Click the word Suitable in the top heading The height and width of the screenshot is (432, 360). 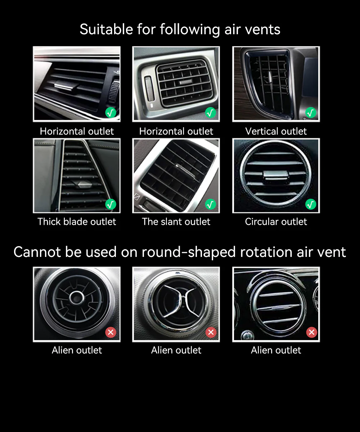[106, 29]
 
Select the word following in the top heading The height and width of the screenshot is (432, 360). [190, 30]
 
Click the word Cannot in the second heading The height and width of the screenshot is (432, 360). [38, 252]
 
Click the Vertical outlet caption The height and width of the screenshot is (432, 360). [276, 131]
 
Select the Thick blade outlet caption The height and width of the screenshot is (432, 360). [77, 222]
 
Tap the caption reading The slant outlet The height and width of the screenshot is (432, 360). [176, 222]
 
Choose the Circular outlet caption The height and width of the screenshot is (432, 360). [276, 222]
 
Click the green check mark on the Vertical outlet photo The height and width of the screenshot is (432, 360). [311, 112]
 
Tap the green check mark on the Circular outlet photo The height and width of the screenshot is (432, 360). [311, 204]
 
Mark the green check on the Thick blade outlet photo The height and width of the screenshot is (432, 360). [111, 204]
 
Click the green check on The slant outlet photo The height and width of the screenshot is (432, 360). [211, 204]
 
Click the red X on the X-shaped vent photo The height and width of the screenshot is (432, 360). [211, 332]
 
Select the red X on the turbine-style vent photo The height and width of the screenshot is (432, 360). [111, 332]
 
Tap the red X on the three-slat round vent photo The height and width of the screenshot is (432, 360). [311, 332]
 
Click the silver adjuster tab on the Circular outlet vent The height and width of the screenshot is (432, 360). [276, 175]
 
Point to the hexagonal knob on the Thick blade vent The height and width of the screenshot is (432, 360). [81, 184]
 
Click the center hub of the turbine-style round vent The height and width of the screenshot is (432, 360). [77, 298]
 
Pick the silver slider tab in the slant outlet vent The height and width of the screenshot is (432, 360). [185, 171]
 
